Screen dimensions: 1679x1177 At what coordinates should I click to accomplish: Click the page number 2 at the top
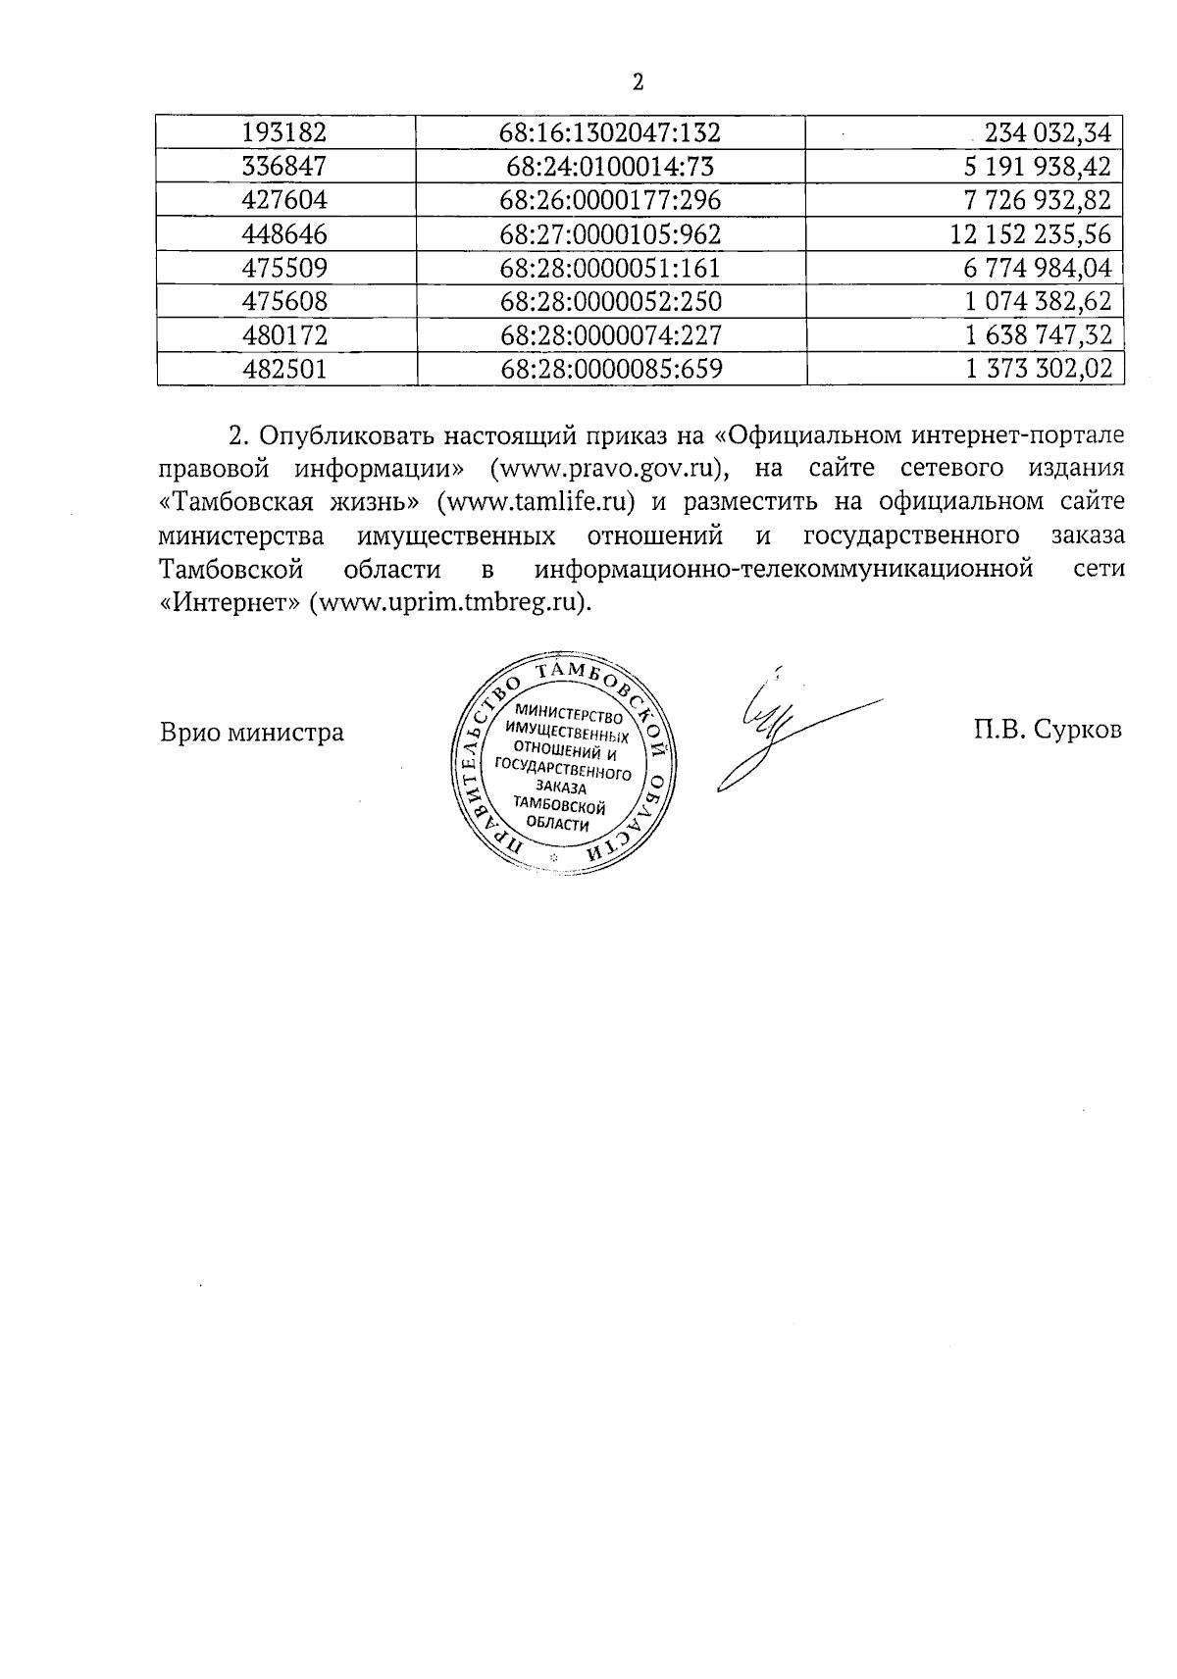click(638, 83)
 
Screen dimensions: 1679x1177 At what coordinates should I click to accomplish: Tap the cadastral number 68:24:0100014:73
click(610, 167)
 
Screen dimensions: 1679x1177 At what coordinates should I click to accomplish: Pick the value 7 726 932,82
click(1038, 201)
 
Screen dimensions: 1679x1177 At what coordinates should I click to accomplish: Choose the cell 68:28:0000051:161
click(610, 268)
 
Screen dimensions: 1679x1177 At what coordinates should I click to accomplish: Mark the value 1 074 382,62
click(1038, 301)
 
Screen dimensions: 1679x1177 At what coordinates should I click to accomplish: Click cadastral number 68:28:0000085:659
click(610, 369)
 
